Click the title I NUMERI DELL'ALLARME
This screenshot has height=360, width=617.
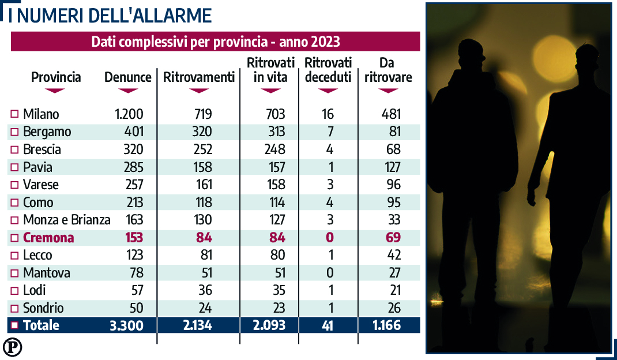[110, 15]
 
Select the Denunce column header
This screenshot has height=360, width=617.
[127, 77]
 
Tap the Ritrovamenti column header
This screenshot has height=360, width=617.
[199, 77]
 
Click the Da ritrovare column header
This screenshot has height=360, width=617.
[388, 70]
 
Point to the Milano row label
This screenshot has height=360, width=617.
[41, 114]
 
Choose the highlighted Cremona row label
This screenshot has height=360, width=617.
[48, 238]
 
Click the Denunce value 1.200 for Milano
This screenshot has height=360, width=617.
[129, 114]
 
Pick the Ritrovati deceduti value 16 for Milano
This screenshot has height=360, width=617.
[328, 114]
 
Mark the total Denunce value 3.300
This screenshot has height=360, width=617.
[126, 325]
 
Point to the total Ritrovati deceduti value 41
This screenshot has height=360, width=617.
[328, 325]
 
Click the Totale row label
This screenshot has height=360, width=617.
[41, 325]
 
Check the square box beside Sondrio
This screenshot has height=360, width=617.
[15, 308]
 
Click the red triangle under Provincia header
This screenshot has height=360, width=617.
[56, 91]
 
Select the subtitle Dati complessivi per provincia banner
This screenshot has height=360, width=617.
[215, 42]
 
